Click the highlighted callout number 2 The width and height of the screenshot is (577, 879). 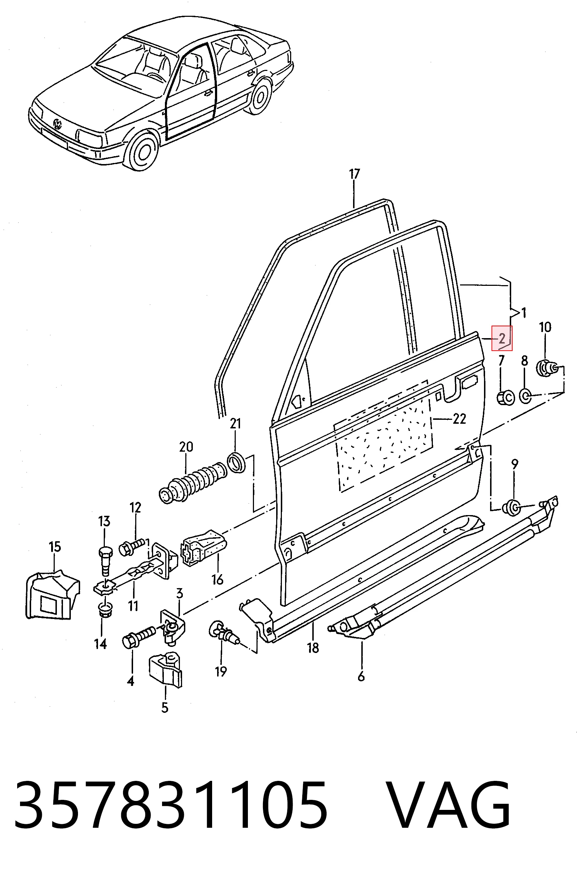pos(502,338)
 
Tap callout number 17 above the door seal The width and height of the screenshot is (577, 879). pos(354,174)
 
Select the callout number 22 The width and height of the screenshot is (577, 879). pos(459,419)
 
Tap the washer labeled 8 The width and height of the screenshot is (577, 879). pos(525,396)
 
